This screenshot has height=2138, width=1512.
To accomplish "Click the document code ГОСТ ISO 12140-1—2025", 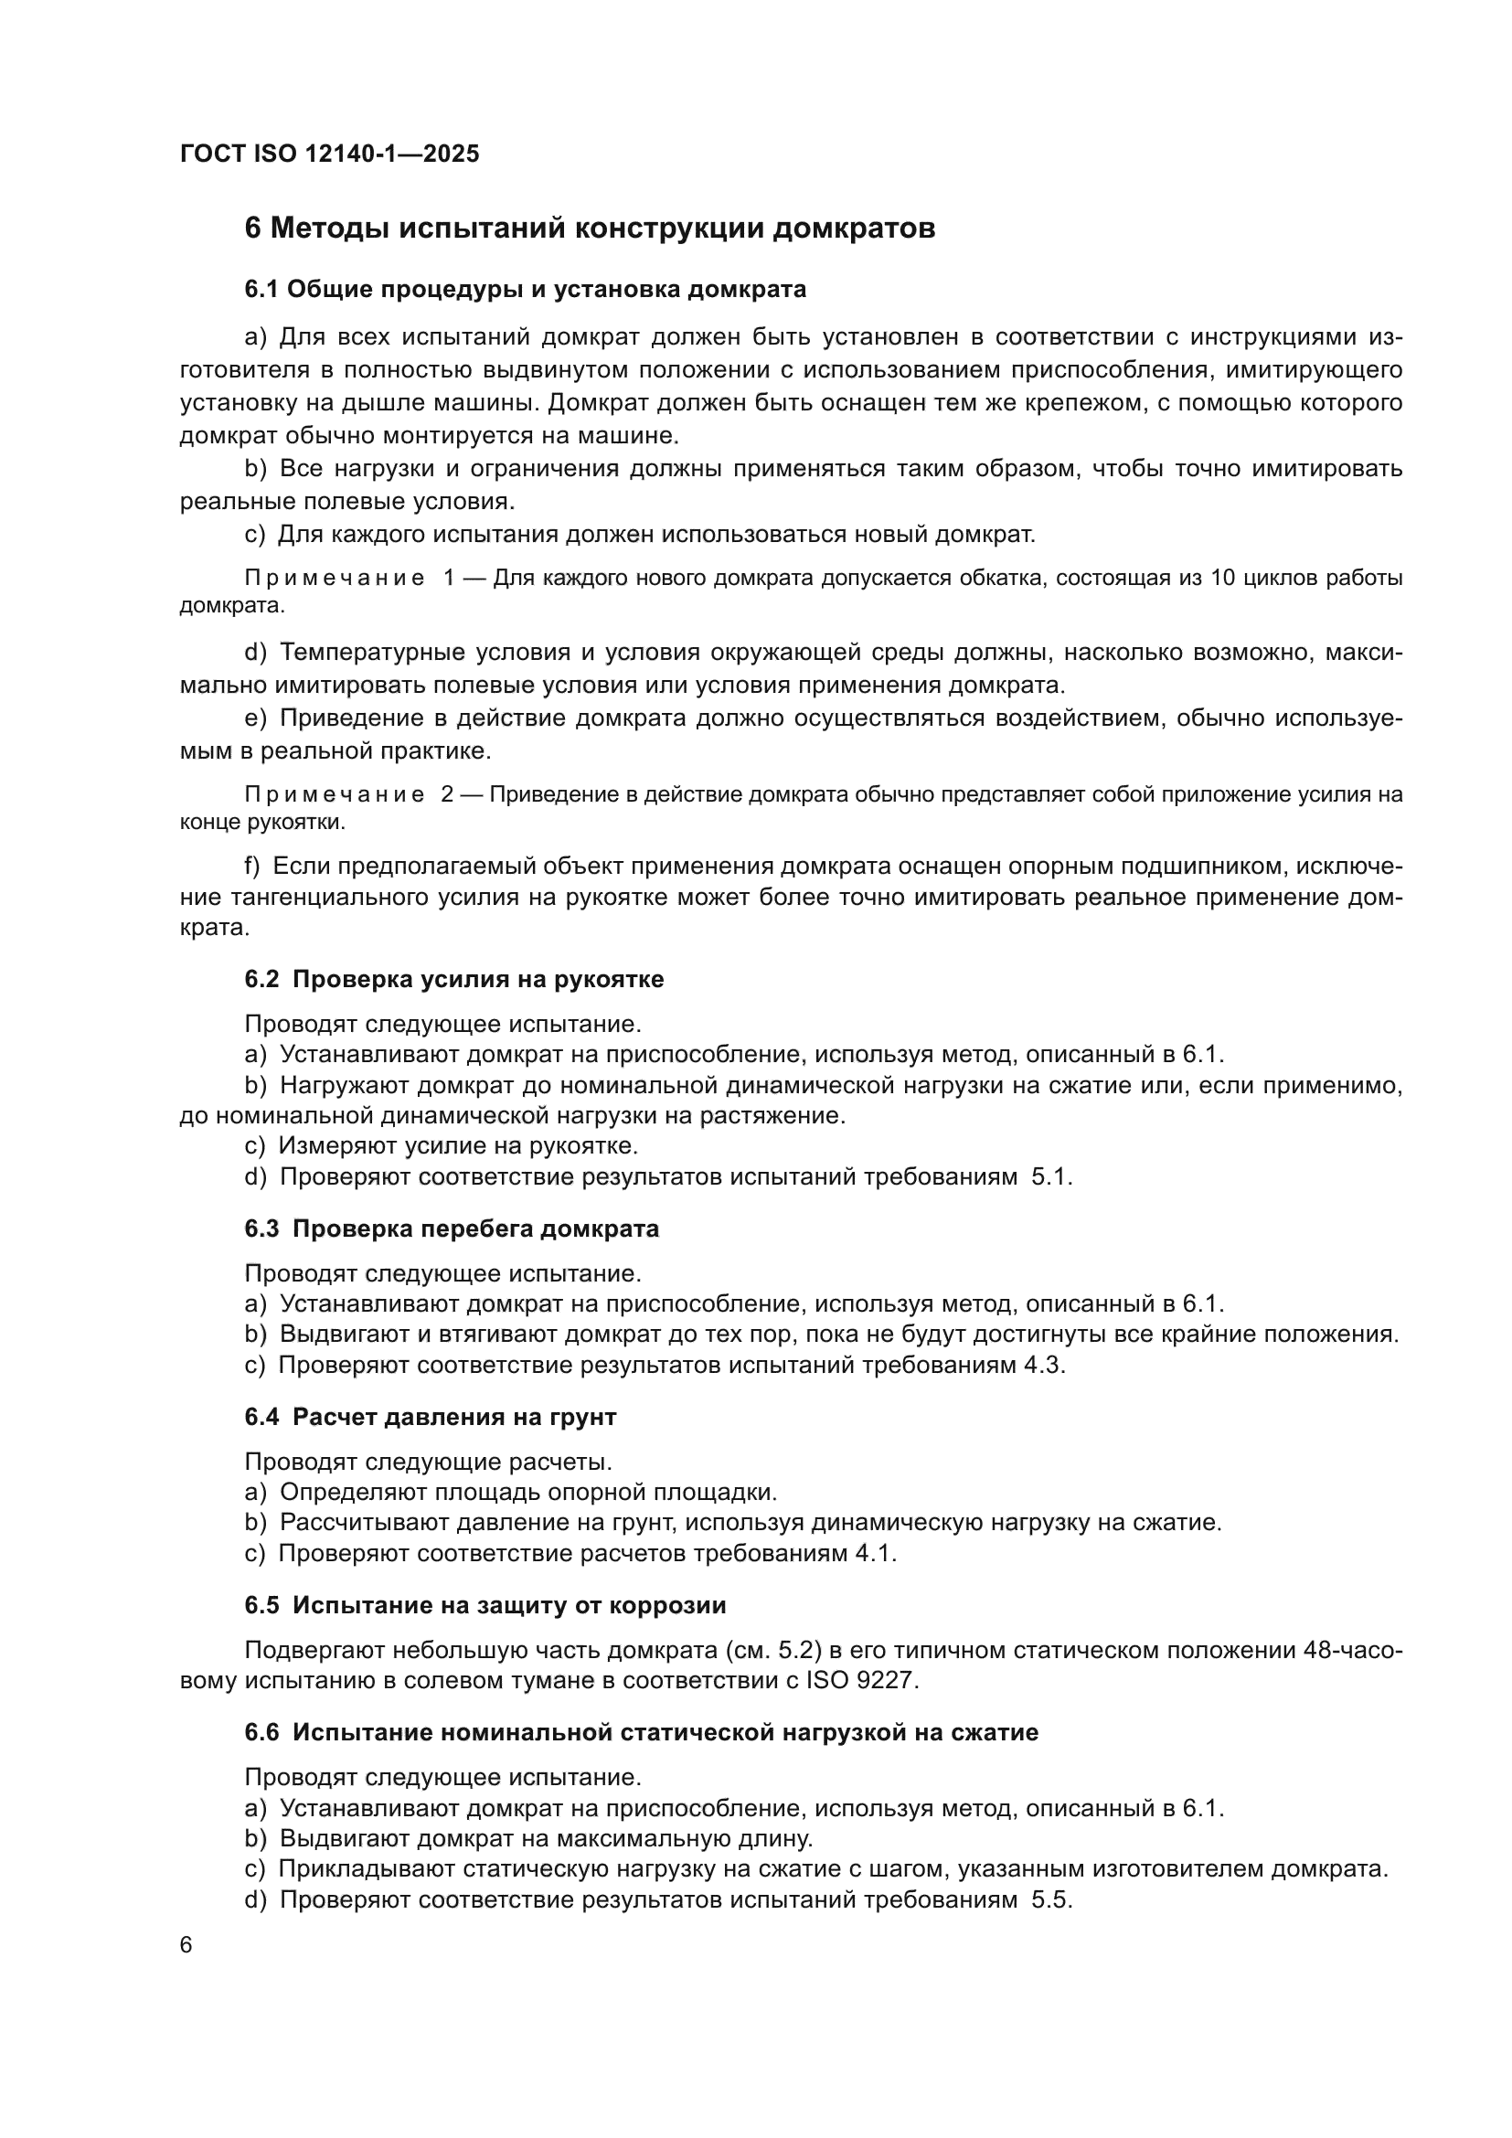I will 330,154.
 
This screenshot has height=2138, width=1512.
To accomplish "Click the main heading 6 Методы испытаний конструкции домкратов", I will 590,229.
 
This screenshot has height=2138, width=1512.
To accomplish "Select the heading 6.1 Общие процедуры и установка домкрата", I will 525,290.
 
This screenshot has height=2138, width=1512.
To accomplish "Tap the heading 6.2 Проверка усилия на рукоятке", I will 453,979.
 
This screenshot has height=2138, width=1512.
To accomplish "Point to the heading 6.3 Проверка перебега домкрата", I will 452,1229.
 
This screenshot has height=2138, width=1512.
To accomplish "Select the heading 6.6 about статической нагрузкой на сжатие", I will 642,1732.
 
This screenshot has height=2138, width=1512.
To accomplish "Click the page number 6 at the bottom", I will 186,1945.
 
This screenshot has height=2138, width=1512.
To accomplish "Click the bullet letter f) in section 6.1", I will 252,866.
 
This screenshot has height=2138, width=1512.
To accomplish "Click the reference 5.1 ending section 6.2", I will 1052,1176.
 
